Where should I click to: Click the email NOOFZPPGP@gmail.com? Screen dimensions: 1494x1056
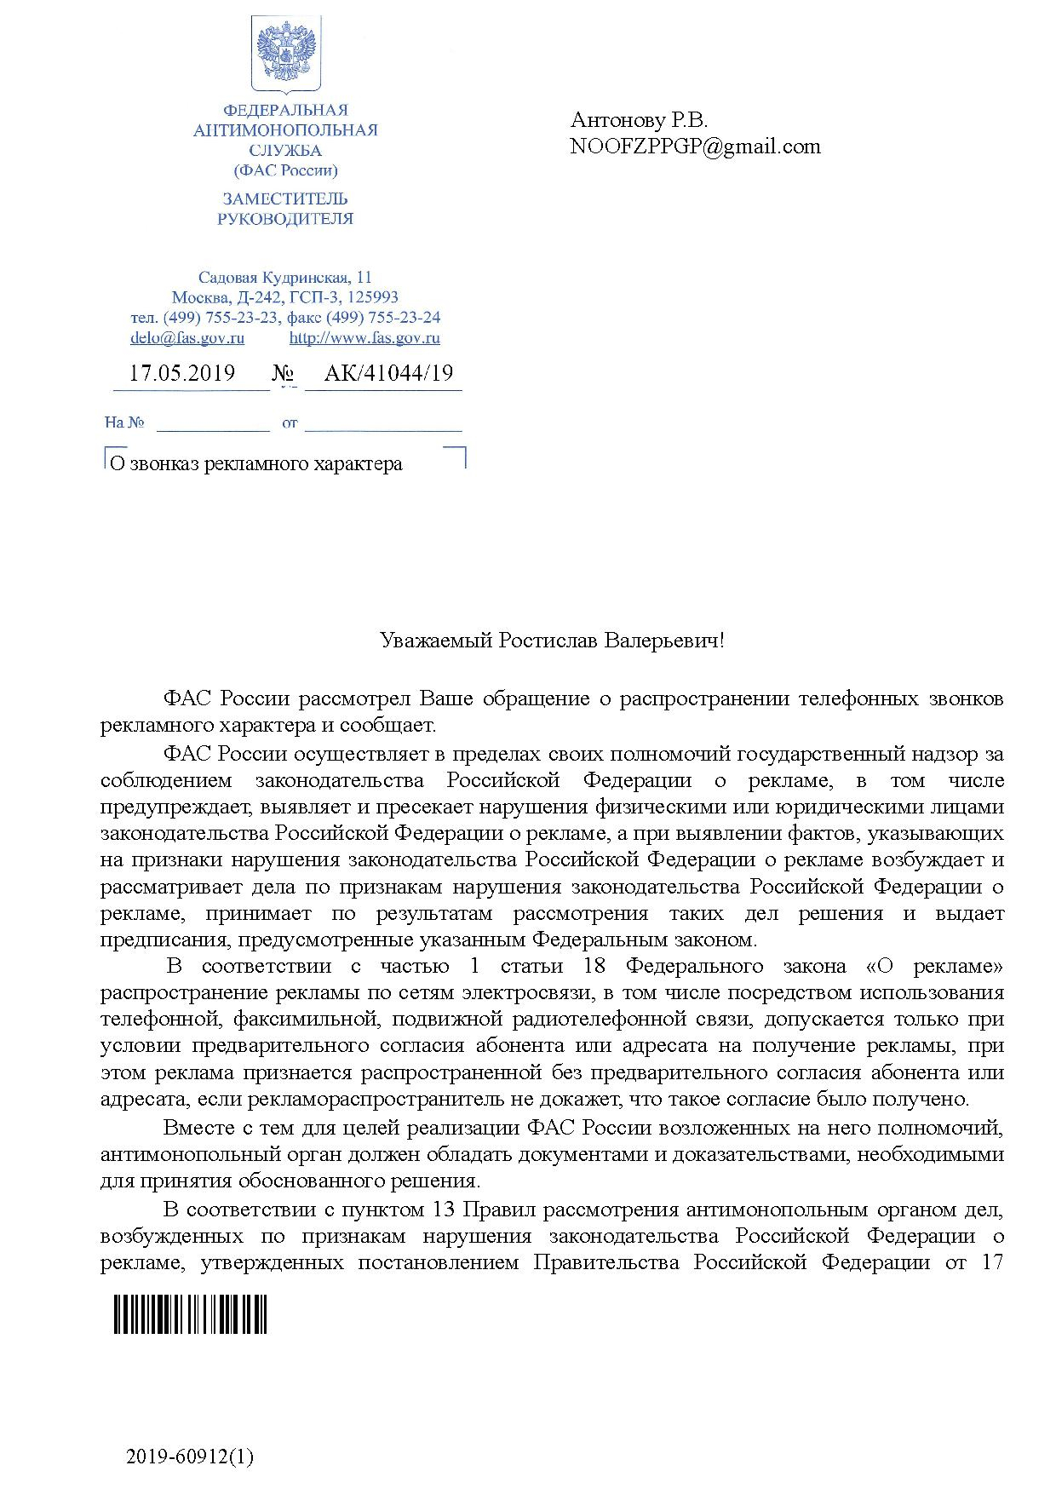click(x=695, y=147)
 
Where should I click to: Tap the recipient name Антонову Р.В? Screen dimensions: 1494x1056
click(x=639, y=119)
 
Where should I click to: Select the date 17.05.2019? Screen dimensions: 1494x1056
click(x=182, y=373)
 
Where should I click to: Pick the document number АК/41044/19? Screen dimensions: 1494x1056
click(x=388, y=373)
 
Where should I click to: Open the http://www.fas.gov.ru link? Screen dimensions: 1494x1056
click(x=364, y=338)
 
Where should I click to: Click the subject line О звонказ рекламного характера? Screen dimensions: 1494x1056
click(x=254, y=464)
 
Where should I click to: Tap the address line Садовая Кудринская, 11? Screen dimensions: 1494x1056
click(x=284, y=278)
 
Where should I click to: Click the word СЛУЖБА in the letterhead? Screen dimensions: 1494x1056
click(x=285, y=151)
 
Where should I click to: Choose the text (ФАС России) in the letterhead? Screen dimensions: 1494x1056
click(x=285, y=170)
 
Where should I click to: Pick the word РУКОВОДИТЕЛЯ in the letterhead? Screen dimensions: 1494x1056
click(x=285, y=219)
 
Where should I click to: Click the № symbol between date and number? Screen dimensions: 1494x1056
click(x=282, y=374)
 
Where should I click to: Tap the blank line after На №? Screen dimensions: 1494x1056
click(x=213, y=423)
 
